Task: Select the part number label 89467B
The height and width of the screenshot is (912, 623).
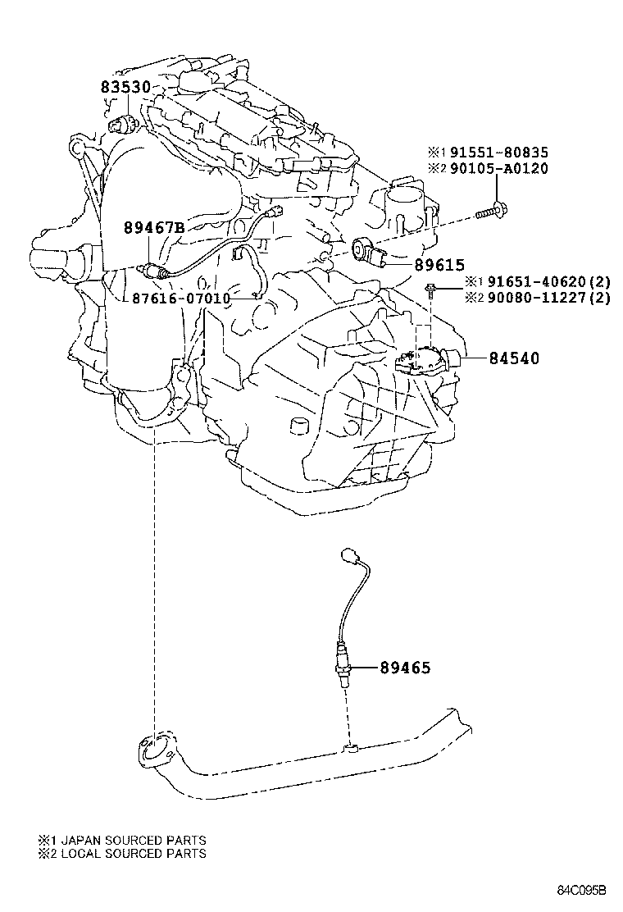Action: pos(154,228)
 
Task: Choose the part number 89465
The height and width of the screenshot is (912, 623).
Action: pos(404,668)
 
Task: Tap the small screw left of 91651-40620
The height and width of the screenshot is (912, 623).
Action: pos(431,287)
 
